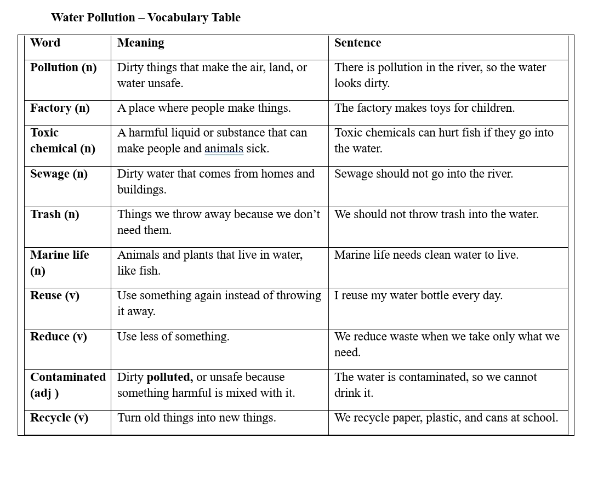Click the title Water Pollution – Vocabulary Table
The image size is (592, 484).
click(145, 18)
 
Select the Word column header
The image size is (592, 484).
click(45, 43)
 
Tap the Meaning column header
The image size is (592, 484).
click(140, 43)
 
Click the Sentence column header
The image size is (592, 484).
click(357, 43)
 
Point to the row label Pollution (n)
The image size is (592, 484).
click(63, 67)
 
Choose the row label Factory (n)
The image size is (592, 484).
click(60, 108)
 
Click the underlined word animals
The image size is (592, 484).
click(224, 149)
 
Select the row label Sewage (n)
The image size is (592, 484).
click(59, 174)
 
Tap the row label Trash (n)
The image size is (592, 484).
click(54, 214)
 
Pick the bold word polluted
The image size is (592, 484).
click(169, 377)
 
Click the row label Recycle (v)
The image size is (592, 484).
click(59, 418)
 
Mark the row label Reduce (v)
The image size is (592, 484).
click(58, 337)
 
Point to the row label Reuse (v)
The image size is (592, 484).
click(54, 295)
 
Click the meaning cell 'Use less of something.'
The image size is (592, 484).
click(173, 337)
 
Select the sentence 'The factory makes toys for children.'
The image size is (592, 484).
click(424, 108)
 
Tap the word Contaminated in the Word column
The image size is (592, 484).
click(67, 377)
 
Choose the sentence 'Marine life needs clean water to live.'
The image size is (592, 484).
click(426, 255)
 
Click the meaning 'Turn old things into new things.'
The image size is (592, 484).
click(196, 418)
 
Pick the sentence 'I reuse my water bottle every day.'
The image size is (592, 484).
click(418, 295)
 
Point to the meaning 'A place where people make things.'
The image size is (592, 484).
click(204, 108)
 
